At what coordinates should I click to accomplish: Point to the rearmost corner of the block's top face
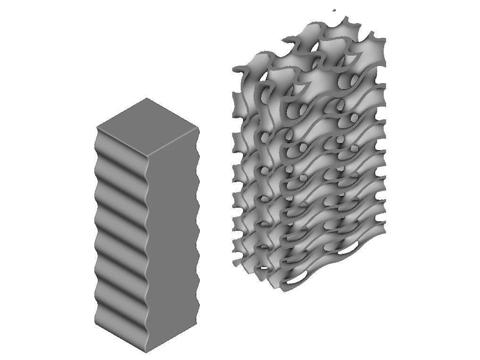(x=147, y=98)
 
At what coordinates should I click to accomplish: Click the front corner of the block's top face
(x=146, y=156)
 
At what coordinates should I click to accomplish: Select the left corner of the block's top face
(x=97, y=127)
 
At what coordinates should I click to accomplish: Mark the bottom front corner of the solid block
(x=146, y=352)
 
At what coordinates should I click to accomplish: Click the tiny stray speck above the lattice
(x=334, y=10)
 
